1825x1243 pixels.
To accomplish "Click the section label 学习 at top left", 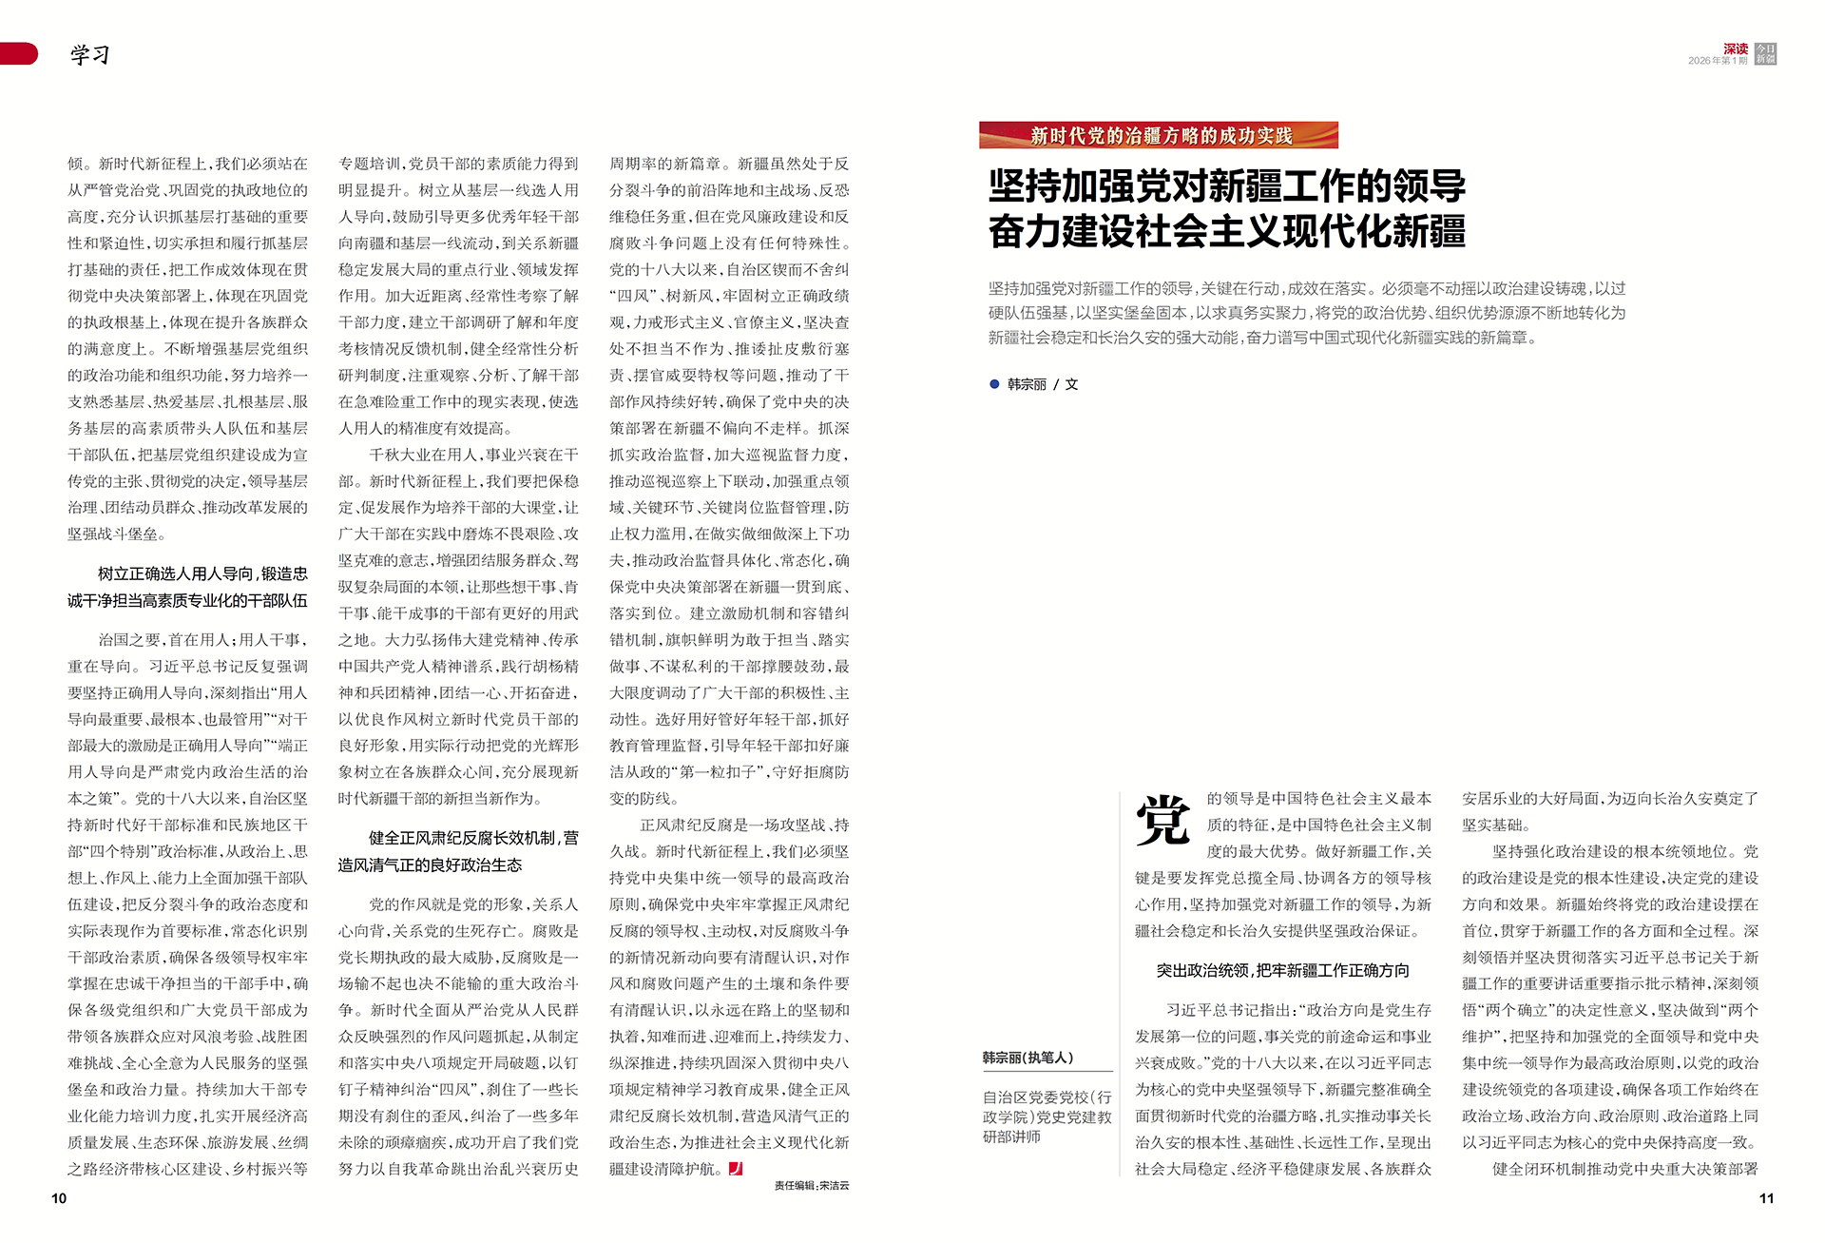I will pyautogui.click(x=89, y=55).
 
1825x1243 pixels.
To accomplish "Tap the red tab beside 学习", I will pyautogui.click(x=19, y=54).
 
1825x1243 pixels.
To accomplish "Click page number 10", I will pyautogui.click(x=59, y=1198).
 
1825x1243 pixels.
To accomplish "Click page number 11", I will pyautogui.click(x=1766, y=1198).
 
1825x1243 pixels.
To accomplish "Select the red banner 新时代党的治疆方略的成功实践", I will pyautogui.click(x=1159, y=135).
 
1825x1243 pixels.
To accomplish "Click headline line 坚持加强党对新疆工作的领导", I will pyautogui.click(x=1226, y=186).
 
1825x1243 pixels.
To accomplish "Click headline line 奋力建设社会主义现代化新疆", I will pyautogui.click(x=1226, y=232).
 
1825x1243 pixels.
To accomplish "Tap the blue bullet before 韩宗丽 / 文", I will pyautogui.click(x=994, y=384).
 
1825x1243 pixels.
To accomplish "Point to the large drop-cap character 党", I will pyautogui.click(x=1162, y=820).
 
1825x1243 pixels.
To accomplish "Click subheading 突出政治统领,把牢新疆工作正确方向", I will pyautogui.click(x=1282, y=971).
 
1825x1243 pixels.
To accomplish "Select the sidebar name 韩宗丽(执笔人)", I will pyautogui.click(x=1028, y=1058).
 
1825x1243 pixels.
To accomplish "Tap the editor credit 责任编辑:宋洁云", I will pyautogui.click(x=811, y=1186).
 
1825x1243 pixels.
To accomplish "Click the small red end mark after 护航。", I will pyautogui.click(x=736, y=1169).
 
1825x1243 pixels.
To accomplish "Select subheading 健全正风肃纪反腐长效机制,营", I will pyautogui.click(x=473, y=838).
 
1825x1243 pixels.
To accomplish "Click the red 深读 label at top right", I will pyautogui.click(x=1736, y=49).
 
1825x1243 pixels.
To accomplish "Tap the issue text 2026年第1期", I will pyautogui.click(x=1718, y=61).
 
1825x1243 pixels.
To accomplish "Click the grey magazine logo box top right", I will pyautogui.click(x=1765, y=54).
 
